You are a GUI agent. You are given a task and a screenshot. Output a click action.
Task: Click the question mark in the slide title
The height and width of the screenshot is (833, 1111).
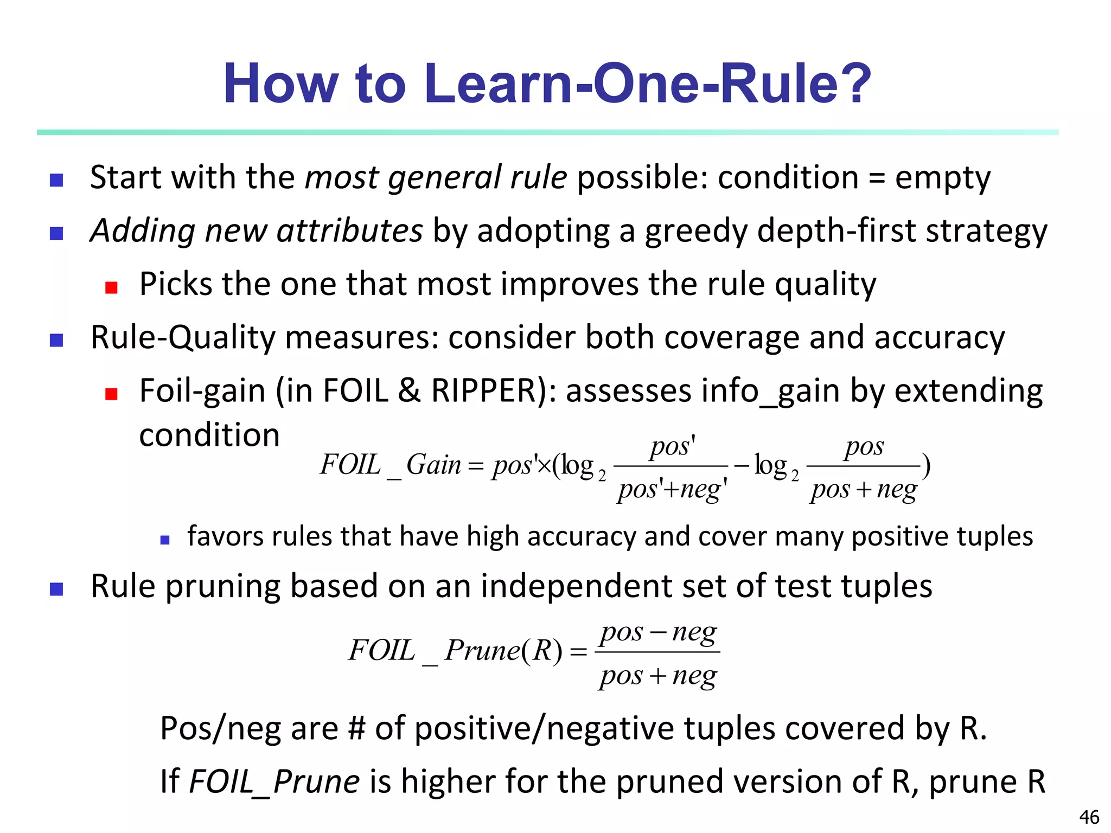(x=853, y=84)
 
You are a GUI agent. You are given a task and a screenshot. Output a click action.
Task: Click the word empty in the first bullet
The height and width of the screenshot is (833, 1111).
(x=943, y=178)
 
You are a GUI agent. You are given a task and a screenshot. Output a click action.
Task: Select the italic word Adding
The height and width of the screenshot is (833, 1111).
(x=143, y=231)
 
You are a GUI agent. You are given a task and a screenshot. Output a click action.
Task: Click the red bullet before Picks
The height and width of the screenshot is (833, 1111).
(x=111, y=287)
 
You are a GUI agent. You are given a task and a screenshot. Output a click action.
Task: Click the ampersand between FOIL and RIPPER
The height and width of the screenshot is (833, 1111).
(x=410, y=390)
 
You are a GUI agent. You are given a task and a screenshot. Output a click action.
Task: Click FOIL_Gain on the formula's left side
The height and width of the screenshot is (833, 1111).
(x=391, y=465)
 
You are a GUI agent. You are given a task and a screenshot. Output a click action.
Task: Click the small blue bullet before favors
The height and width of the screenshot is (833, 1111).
(x=165, y=540)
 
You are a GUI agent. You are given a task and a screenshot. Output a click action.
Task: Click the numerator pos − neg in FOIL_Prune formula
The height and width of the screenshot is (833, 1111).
(x=658, y=632)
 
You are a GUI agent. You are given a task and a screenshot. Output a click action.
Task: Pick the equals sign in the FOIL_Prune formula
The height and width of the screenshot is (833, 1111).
(x=579, y=651)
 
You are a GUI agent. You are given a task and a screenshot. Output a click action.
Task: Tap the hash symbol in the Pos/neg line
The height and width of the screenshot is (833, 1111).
(x=356, y=728)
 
